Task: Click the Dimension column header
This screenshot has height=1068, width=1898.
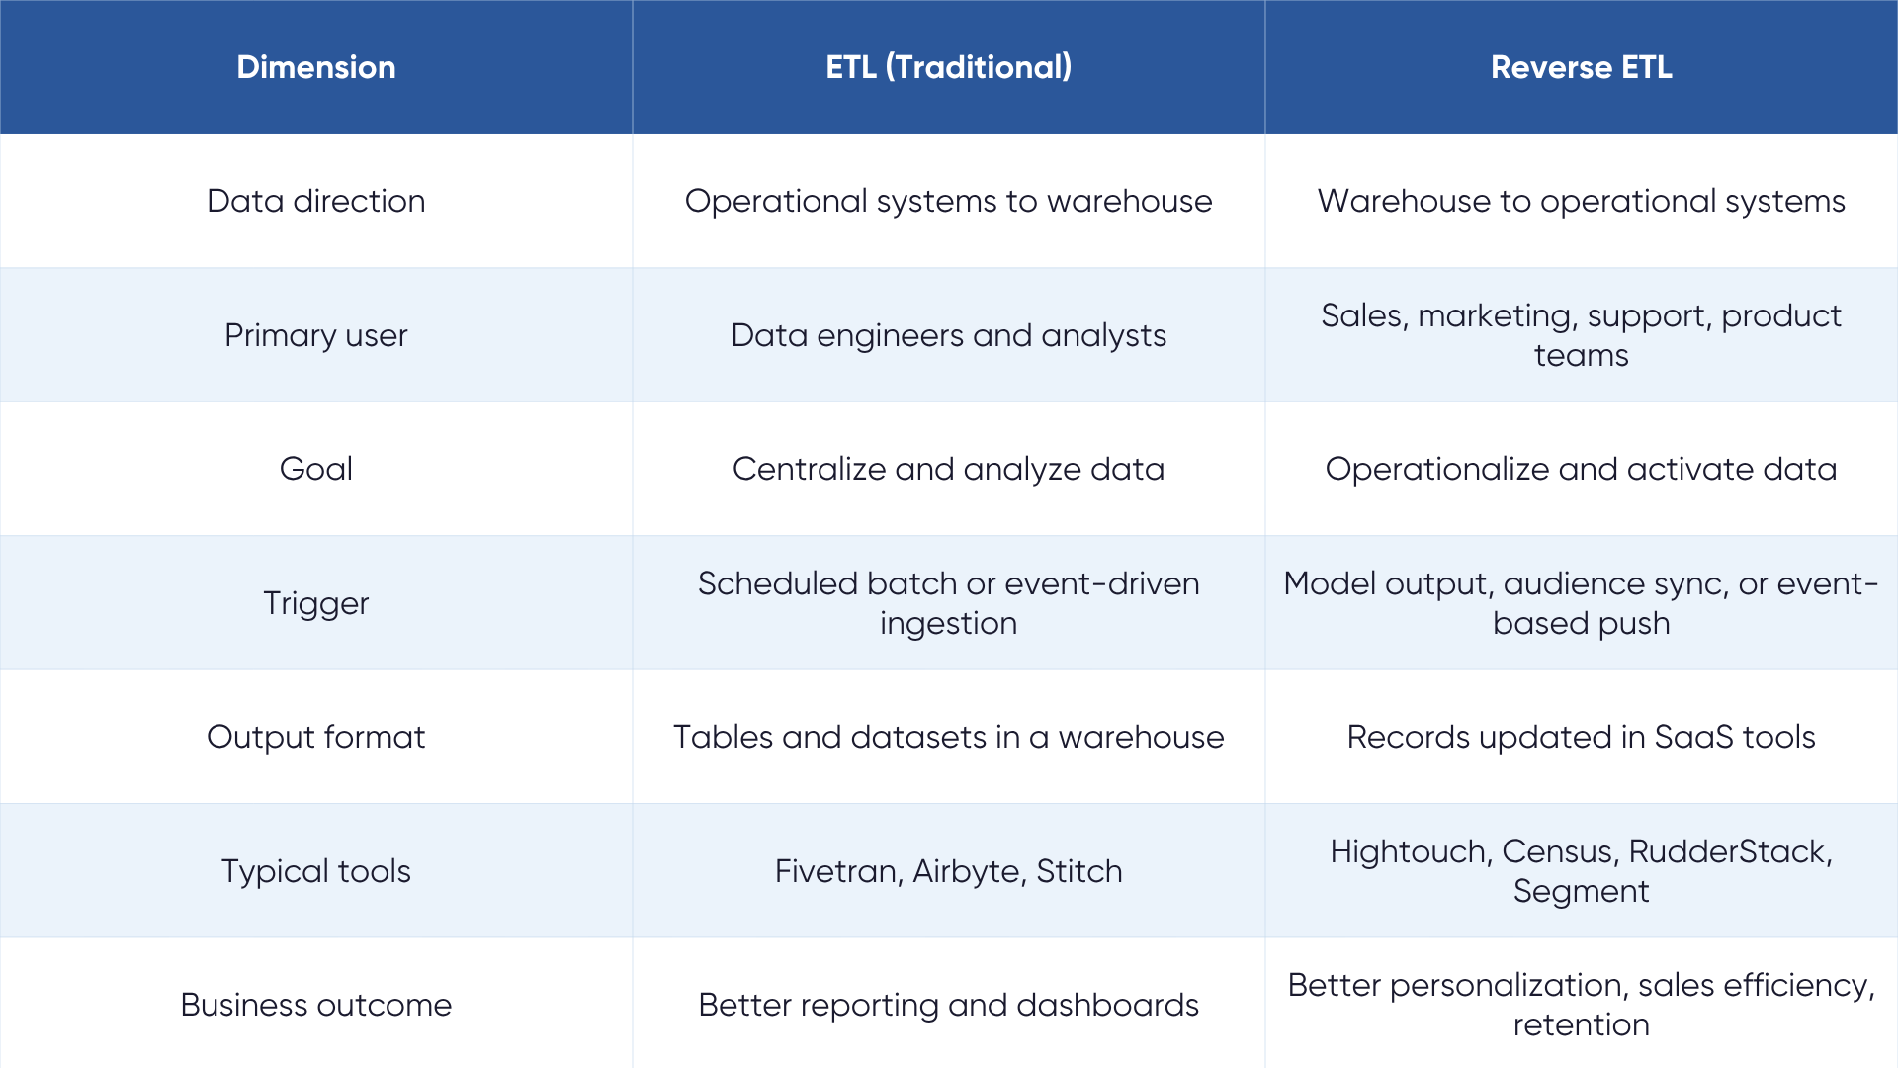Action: (x=316, y=67)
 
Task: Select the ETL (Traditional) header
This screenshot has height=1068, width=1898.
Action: (x=948, y=67)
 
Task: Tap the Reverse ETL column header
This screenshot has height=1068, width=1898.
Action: (x=1581, y=67)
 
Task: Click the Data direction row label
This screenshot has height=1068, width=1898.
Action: (x=316, y=201)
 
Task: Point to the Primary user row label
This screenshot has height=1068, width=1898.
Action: (x=316, y=335)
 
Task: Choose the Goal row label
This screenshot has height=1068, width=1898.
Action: (x=316, y=469)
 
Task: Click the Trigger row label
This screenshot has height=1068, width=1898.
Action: (x=316, y=603)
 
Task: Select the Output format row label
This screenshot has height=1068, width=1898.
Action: (x=316, y=737)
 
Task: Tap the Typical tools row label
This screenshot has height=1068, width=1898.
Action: (x=316, y=871)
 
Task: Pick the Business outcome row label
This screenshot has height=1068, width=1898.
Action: (x=316, y=1005)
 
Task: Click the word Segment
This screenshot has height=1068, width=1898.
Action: (x=1581, y=892)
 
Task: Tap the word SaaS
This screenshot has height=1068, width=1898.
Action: (x=1693, y=737)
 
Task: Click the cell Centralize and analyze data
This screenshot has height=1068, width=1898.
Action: (x=948, y=469)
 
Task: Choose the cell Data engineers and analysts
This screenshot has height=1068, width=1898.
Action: (x=948, y=335)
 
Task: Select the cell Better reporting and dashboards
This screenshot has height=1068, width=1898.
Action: (x=948, y=1005)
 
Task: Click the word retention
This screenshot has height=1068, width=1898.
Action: (x=1581, y=1025)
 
